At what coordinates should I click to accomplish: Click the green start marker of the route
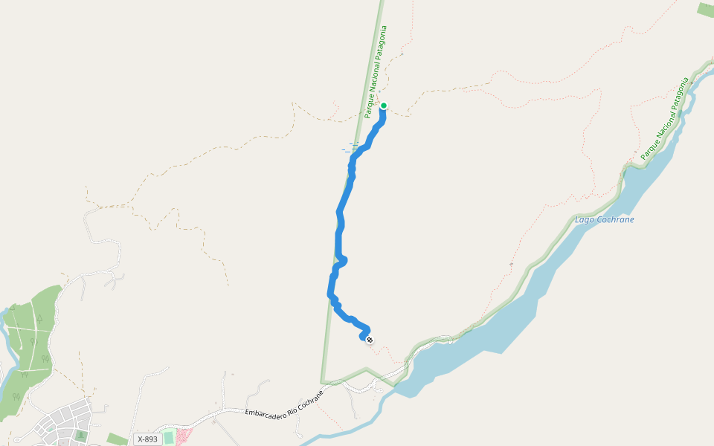click(383, 106)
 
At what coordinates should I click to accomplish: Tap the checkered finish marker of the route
click(370, 340)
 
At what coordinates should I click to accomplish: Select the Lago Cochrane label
click(604, 220)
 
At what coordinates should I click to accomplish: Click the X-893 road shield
click(147, 439)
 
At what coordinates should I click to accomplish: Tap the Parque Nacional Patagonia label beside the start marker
click(376, 72)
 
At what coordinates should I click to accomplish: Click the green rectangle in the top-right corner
click(705, 9)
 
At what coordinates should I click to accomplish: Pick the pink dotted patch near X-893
click(182, 436)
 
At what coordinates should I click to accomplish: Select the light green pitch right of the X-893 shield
click(169, 437)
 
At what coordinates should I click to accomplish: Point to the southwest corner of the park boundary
click(323, 382)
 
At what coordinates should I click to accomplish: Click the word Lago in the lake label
click(585, 221)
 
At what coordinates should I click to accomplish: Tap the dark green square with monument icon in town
click(80, 435)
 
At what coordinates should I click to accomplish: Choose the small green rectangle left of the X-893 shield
click(116, 439)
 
